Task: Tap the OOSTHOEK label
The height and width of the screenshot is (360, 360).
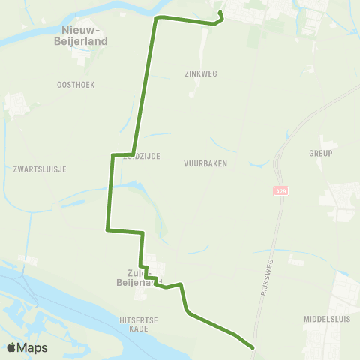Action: [x=75, y=85]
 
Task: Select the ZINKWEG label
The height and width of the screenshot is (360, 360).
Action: [x=199, y=74]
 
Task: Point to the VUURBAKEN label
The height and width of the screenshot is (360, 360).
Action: [x=205, y=163]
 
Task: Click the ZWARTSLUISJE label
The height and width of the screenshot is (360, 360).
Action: [x=40, y=169]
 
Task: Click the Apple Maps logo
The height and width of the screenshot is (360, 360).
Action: [x=27, y=347]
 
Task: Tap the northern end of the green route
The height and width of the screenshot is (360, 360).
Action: [x=220, y=12]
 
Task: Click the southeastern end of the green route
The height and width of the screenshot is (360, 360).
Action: [x=253, y=347]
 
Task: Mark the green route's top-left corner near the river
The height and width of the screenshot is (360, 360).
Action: [x=157, y=17]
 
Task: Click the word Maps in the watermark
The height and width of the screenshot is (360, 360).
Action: [x=33, y=347]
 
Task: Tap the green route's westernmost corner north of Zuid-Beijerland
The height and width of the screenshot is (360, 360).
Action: [x=107, y=230]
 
